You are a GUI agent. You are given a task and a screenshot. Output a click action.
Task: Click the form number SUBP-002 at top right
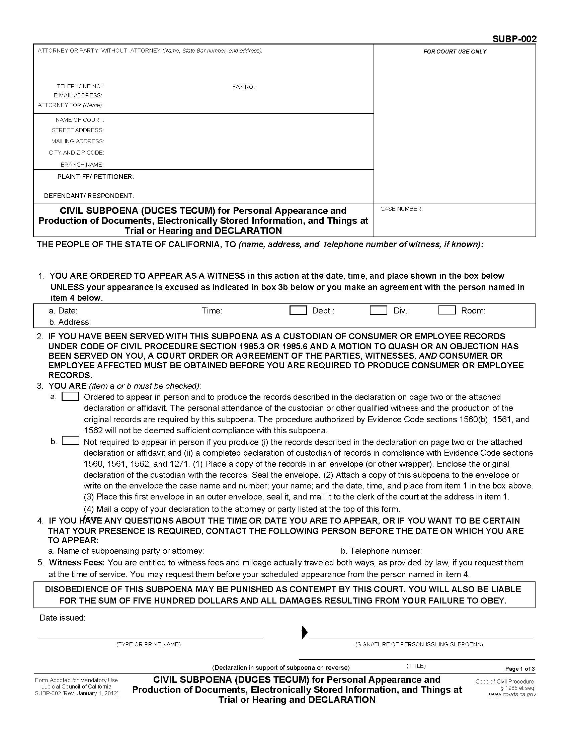[x=514, y=39]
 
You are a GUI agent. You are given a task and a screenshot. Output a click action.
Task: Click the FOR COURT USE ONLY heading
[x=455, y=52]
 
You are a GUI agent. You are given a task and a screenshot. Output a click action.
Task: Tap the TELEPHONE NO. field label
[x=80, y=86]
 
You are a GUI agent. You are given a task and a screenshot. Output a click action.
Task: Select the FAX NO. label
[x=244, y=87]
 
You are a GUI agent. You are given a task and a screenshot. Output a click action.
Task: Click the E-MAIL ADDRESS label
[x=78, y=95]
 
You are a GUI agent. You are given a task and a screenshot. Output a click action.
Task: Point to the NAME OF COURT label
[x=80, y=120]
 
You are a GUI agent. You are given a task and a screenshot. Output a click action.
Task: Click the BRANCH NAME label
[x=82, y=165]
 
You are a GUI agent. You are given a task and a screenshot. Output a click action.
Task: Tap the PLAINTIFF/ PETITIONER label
[x=95, y=177]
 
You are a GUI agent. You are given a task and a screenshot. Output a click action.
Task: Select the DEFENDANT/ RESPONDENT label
[x=89, y=195]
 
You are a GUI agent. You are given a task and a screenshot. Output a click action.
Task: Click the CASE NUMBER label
[x=401, y=209]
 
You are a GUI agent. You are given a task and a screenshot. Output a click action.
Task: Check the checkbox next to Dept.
[x=298, y=310]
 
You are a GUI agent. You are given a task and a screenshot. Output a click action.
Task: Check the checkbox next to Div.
[x=378, y=310]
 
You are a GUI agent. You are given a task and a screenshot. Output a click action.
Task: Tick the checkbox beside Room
[x=447, y=310]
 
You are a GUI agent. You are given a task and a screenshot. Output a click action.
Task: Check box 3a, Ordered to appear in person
[x=70, y=396]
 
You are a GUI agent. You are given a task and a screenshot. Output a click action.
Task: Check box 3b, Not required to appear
[x=70, y=441]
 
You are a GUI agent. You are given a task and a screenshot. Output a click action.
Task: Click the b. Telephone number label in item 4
[x=381, y=551]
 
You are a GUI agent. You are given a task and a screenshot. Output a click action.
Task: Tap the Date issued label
[x=62, y=618]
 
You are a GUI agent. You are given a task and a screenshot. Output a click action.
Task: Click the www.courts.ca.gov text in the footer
[x=512, y=694]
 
